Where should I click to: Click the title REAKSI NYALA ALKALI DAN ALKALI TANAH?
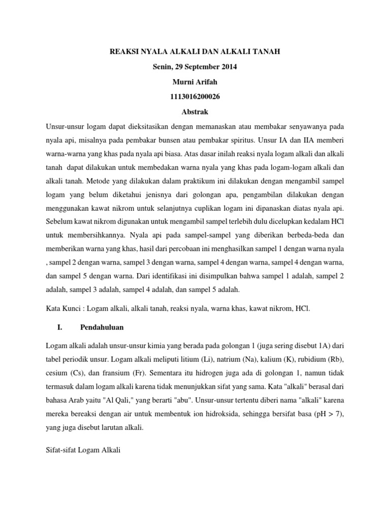pyautogui.click(x=195, y=52)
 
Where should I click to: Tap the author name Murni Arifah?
pyautogui.click(x=195, y=82)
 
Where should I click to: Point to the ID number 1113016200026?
pyautogui.click(x=195, y=96)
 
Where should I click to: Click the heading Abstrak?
pyautogui.click(x=195, y=111)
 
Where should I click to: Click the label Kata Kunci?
pyautogui.click(x=63, y=308)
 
